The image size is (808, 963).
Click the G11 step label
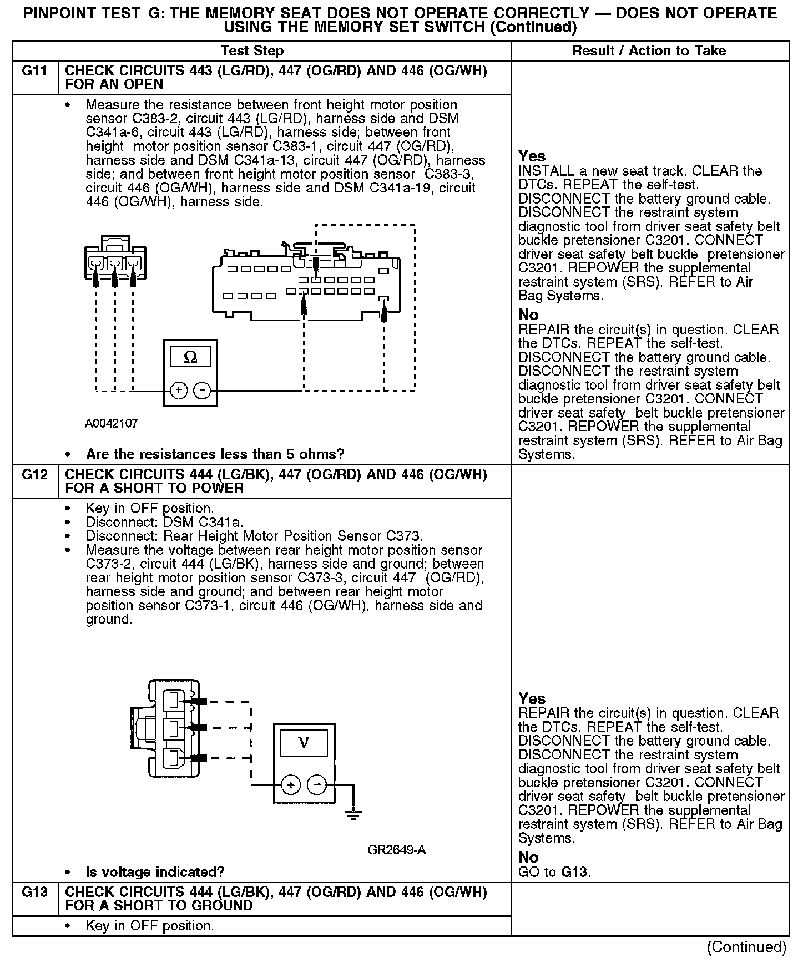tap(34, 71)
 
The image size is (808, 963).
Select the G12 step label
tap(34, 475)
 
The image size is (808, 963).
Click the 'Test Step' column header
tap(252, 51)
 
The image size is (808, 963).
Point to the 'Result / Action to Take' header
tap(649, 51)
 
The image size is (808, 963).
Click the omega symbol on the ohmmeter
tap(190, 357)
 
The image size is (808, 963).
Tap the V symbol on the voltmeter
tap(304, 743)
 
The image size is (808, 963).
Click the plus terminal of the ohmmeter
tap(178, 391)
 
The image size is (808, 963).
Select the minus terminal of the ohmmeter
tap(202, 391)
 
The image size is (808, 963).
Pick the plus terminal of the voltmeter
tap(291, 785)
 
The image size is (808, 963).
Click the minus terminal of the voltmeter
tap(317, 785)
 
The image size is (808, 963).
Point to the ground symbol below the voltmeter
tap(353, 814)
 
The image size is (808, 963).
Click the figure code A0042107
tap(112, 424)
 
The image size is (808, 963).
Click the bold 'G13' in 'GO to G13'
tap(574, 872)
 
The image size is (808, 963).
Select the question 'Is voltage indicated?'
tap(155, 872)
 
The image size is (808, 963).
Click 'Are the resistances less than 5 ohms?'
tap(215, 454)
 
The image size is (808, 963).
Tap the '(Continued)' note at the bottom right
tap(747, 947)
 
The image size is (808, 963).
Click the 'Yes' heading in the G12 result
tap(532, 698)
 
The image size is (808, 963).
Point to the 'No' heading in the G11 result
tap(528, 315)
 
